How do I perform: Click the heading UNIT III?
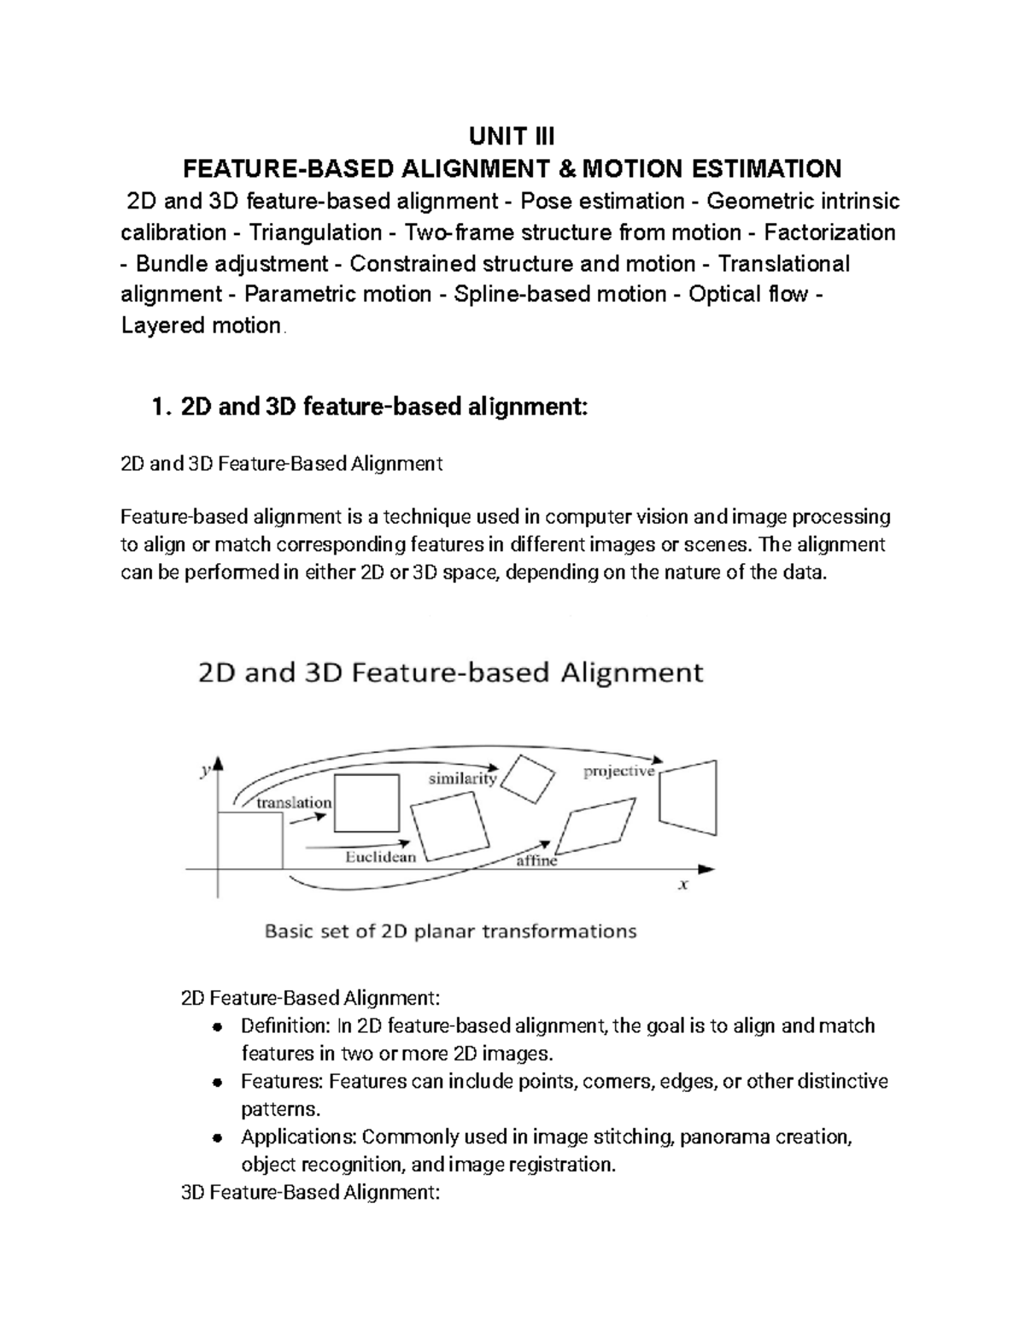tap(512, 136)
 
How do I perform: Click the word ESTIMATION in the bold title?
tap(764, 167)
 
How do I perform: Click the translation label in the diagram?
tap(294, 802)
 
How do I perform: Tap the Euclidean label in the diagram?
tap(380, 856)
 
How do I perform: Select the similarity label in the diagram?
tap(462, 778)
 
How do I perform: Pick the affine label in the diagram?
tap(536, 861)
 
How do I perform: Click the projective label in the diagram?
tap(618, 772)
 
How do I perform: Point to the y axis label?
tap(205, 771)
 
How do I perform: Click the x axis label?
tap(683, 885)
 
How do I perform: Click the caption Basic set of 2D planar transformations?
tap(451, 931)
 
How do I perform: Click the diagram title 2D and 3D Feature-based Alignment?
tap(450, 672)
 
